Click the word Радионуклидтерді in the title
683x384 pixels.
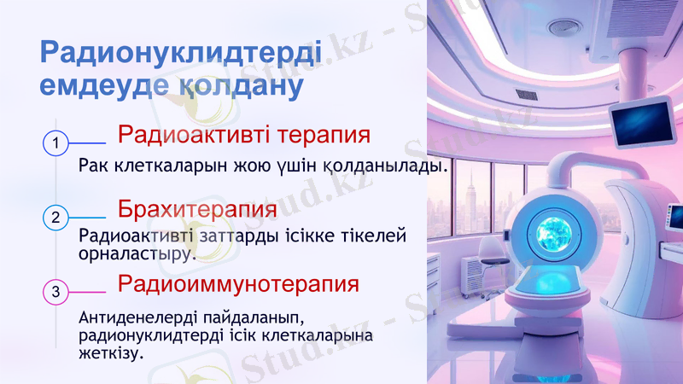[180, 53]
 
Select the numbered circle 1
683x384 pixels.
[55, 143]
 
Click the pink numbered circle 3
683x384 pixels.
[55, 292]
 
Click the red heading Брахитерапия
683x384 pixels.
[197, 209]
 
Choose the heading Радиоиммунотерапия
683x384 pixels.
[238, 282]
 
